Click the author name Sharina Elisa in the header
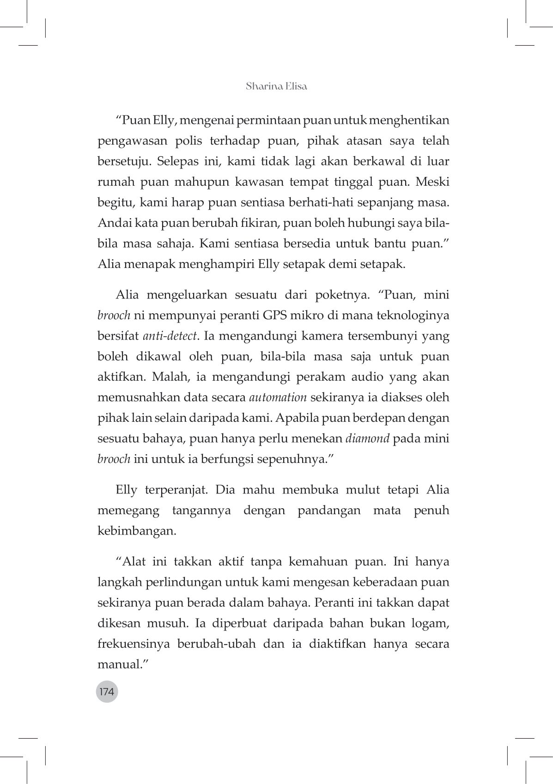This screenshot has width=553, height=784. (276, 86)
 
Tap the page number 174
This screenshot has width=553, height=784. (107, 692)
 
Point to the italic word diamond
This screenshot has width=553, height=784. (367, 438)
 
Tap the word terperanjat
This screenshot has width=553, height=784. (176, 490)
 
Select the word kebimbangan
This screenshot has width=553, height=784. (137, 531)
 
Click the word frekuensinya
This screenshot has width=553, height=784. (134, 644)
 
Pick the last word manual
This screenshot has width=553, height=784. (119, 664)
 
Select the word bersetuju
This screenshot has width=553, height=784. (123, 162)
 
